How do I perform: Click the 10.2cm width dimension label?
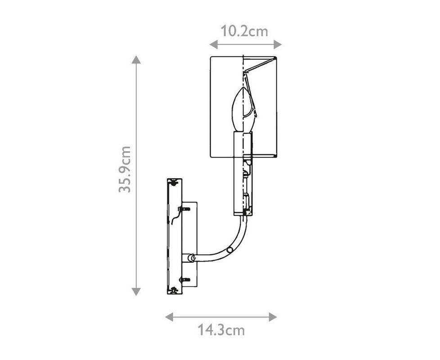coord(244,31)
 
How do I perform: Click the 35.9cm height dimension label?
coord(125,169)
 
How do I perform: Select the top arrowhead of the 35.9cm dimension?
coord(136,59)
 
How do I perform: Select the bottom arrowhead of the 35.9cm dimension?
coord(136,292)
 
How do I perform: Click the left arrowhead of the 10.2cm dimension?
coord(214,44)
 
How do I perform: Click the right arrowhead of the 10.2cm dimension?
coord(278,44)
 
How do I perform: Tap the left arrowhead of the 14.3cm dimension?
coord(169,317)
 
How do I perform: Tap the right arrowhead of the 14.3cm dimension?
coord(273,317)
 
